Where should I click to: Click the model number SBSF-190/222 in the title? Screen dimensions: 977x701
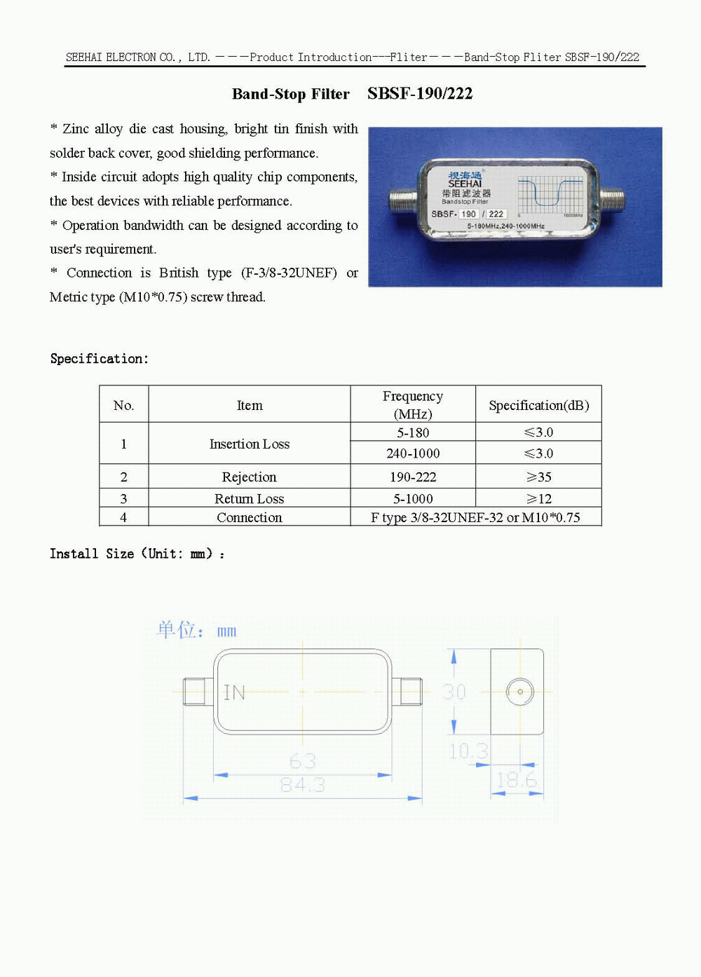tap(420, 93)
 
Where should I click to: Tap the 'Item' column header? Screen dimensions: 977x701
tap(250, 405)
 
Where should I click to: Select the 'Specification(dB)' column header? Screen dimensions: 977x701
tap(538, 405)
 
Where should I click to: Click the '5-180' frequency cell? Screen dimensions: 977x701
tap(413, 432)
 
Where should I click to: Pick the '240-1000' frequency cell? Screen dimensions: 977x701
tap(413, 453)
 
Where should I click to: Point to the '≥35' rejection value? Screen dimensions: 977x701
tap(538, 477)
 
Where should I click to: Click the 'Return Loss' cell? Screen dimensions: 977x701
tap(250, 498)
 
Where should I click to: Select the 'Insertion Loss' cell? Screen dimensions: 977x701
tap(250, 444)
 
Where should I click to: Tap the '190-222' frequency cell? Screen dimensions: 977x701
tap(413, 477)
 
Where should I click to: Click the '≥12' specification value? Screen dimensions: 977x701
tap(538, 498)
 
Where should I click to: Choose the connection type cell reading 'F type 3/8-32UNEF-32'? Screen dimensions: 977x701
tap(475, 517)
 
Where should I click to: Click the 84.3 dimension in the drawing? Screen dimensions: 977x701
tap(302, 785)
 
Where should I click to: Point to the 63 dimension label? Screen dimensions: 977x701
tap(302, 761)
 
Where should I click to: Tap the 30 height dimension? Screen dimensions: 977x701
tap(454, 692)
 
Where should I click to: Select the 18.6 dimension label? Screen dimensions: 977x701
tap(517, 780)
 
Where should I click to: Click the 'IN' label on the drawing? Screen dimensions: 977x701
tap(234, 693)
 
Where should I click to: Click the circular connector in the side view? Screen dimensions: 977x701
tap(519, 692)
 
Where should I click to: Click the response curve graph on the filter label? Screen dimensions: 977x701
tap(550, 193)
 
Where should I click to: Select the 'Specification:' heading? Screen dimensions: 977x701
tap(100, 358)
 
